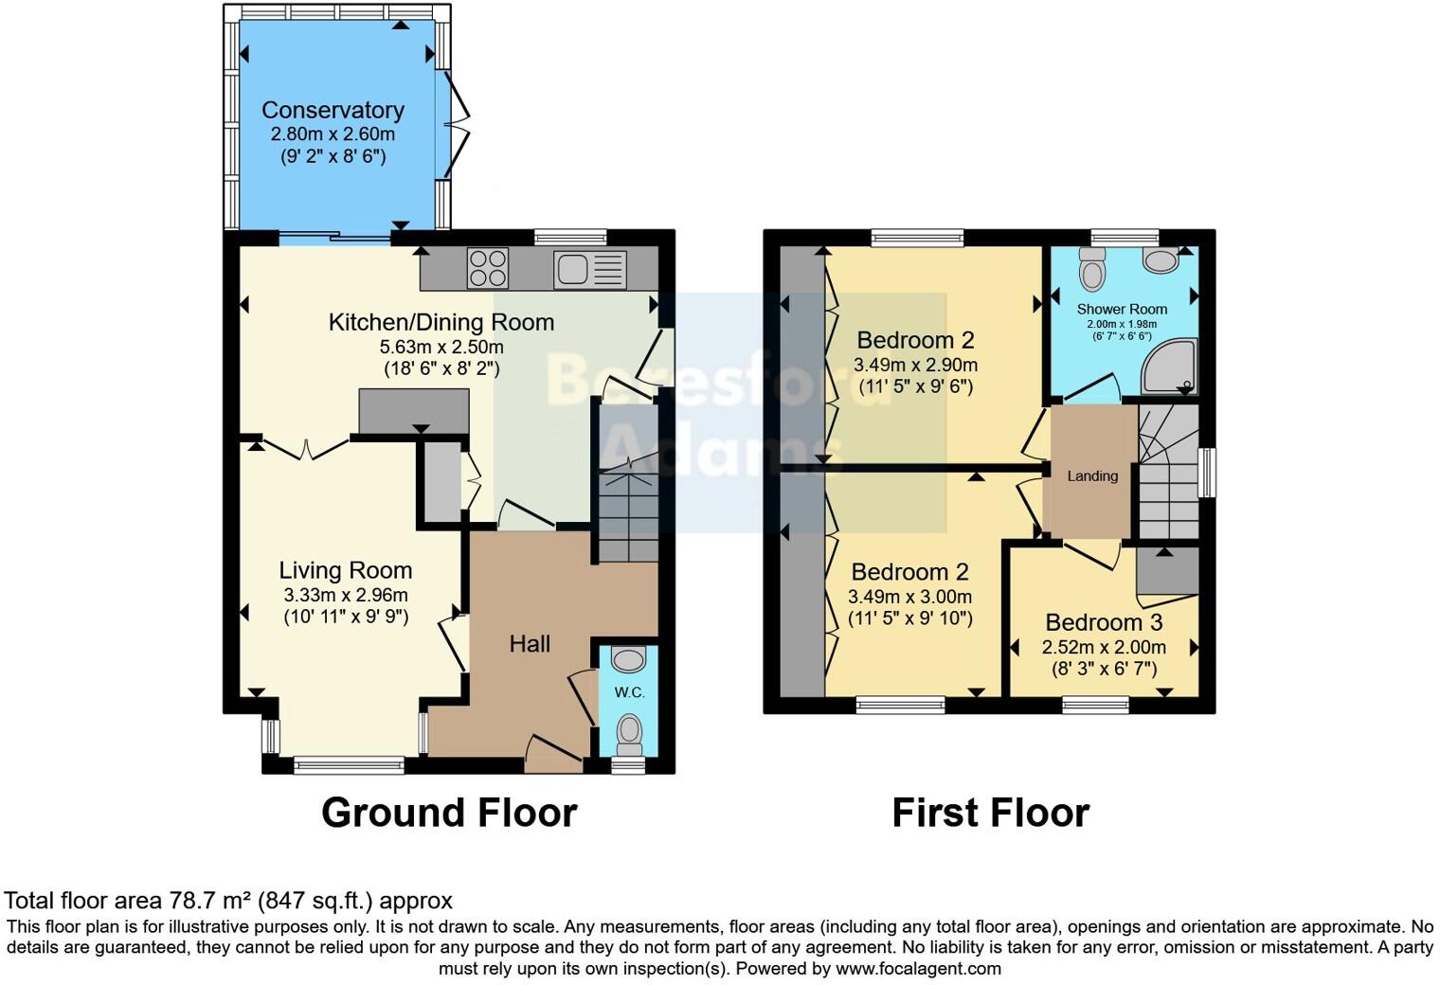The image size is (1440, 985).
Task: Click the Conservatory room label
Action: tap(333, 110)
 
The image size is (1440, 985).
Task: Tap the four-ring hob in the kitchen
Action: tap(487, 267)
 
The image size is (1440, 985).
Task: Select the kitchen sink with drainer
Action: tap(590, 268)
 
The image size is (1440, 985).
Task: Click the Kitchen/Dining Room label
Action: tap(441, 322)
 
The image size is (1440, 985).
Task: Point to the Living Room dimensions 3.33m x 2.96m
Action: tap(345, 596)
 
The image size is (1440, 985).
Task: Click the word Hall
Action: tap(530, 644)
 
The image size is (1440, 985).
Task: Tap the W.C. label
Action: tap(629, 692)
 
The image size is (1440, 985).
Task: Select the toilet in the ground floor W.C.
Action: tap(629, 731)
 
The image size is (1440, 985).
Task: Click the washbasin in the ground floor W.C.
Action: tap(628, 658)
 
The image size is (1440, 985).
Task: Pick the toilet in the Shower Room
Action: tap(1092, 270)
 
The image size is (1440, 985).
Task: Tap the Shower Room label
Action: tap(1122, 309)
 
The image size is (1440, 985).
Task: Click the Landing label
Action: tap(1092, 476)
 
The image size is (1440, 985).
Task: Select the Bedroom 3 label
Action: tap(1104, 622)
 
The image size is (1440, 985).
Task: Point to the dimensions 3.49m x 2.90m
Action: tap(915, 365)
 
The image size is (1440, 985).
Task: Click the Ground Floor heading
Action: tap(449, 813)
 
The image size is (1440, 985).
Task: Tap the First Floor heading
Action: tap(990, 813)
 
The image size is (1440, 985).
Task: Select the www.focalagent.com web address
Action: tap(917, 968)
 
